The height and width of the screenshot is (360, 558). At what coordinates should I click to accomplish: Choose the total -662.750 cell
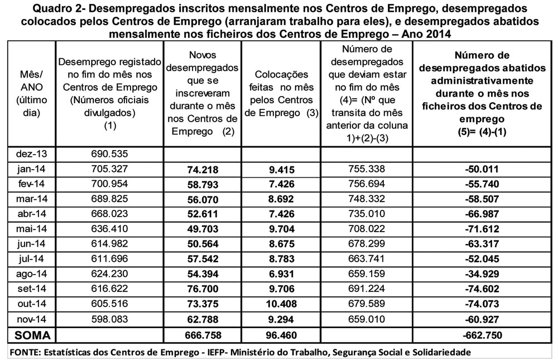pos(483,335)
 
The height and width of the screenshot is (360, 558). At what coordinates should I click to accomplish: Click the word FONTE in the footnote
pos(23,352)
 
